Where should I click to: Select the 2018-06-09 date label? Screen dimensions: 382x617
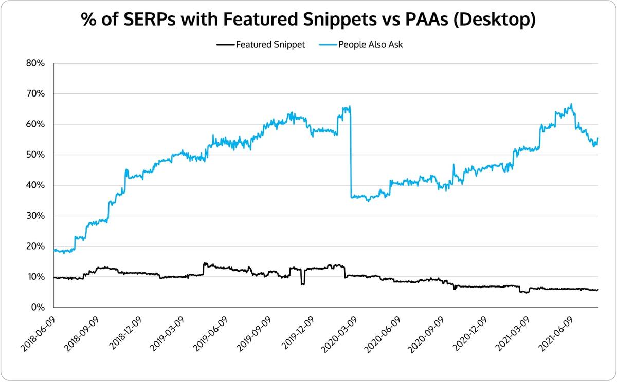click(39, 329)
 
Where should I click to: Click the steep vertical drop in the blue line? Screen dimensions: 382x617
click(350, 154)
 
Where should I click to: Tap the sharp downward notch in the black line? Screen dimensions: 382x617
click(303, 280)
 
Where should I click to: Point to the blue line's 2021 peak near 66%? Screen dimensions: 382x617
click(571, 105)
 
